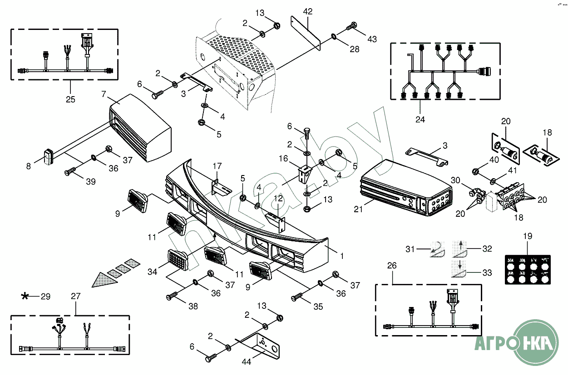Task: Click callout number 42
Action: tap(308, 12)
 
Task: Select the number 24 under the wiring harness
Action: tap(420, 120)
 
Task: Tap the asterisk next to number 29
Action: tap(25, 297)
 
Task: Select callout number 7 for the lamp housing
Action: tap(104, 94)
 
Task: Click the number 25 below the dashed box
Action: tap(70, 99)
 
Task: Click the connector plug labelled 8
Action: tap(48, 157)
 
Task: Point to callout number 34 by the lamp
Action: tap(152, 272)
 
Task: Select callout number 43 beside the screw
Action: tap(372, 39)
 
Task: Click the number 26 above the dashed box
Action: tap(392, 265)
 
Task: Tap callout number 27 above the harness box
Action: tap(75, 296)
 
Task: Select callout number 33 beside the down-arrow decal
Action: tap(487, 273)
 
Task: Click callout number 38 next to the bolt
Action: tap(193, 306)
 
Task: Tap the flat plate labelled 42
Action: tap(305, 32)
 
